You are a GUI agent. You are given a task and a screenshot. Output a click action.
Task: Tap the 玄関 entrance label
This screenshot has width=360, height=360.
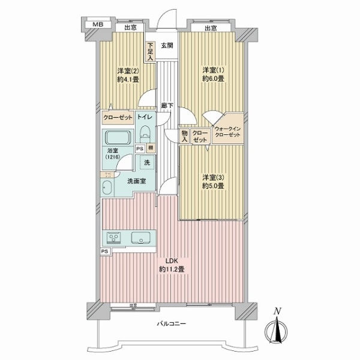(x=167, y=46)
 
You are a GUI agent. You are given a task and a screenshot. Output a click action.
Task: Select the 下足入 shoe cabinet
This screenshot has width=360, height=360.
(x=151, y=50)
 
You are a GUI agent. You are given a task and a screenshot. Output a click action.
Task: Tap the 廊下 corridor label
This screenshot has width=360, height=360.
(x=167, y=106)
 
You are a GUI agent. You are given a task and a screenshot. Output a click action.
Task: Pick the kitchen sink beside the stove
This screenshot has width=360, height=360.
(x=142, y=238)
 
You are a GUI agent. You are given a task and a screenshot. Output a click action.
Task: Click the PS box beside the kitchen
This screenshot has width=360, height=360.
(x=105, y=252)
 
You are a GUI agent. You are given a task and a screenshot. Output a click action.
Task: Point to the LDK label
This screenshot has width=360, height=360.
(x=172, y=261)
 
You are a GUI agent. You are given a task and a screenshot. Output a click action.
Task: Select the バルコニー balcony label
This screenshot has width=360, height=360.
(x=172, y=324)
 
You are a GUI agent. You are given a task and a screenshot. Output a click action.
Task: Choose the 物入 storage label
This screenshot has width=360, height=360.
(x=185, y=136)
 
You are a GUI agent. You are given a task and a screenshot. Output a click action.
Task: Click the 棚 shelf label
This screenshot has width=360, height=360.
(x=150, y=148)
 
